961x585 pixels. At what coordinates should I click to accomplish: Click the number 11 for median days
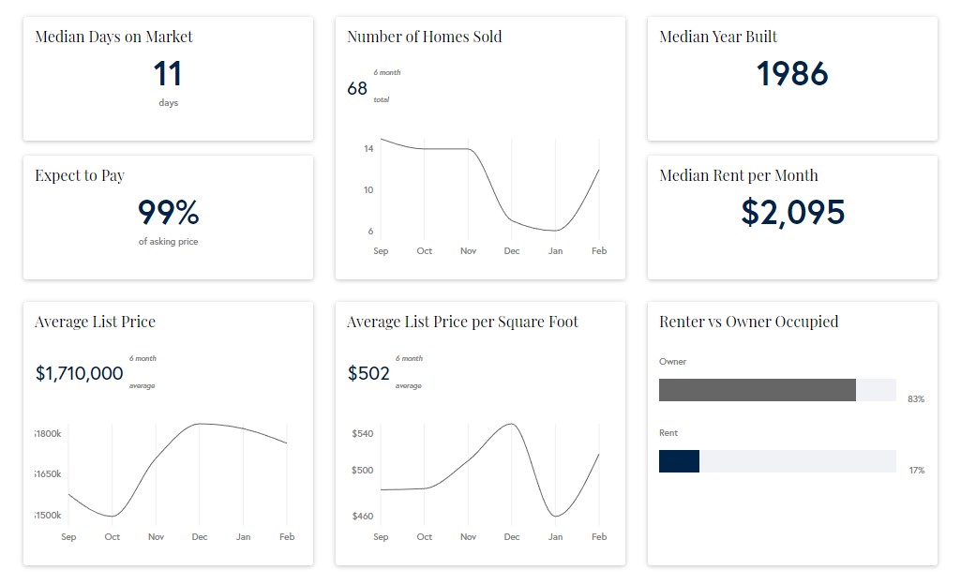(168, 74)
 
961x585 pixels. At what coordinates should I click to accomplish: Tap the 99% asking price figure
(168, 213)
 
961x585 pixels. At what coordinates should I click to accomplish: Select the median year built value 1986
(792, 74)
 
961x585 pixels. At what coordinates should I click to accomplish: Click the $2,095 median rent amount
(792, 213)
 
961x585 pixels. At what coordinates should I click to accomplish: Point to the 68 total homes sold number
(357, 89)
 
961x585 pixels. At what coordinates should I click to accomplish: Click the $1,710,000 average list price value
(79, 373)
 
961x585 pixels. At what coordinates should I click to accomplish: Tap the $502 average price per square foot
(368, 373)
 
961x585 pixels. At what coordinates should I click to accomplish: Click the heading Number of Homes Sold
(424, 37)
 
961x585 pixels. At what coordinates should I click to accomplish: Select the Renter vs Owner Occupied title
(748, 322)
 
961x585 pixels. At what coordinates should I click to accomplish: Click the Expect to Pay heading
(80, 175)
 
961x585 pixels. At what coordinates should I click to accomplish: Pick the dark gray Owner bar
(757, 390)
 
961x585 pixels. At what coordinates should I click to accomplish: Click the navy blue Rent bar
(679, 461)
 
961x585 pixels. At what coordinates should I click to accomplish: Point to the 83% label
(916, 399)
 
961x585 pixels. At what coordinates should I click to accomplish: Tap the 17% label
(916, 471)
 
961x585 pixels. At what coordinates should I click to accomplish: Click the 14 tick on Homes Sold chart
(368, 149)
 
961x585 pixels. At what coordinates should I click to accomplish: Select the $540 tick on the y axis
(362, 434)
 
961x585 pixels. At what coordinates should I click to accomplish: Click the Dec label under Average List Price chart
(200, 537)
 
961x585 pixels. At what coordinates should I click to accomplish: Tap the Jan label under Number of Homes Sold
(555, 251)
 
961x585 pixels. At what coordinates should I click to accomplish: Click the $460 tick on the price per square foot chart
(362, 516)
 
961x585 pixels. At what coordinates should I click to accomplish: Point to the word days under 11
(168, 103)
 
